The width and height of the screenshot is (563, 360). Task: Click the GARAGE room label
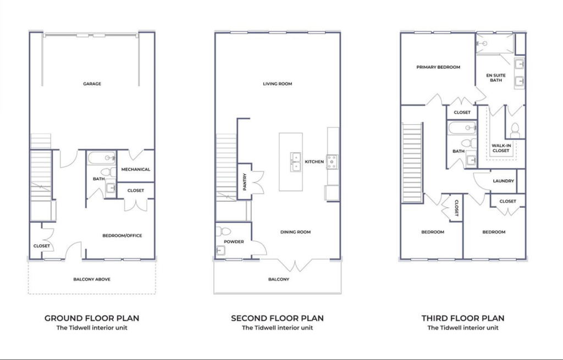[92, 84]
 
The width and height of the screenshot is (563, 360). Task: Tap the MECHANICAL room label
[136, 169]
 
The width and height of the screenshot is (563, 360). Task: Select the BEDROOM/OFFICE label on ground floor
[122, 235]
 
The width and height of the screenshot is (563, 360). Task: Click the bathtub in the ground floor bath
[102, 158]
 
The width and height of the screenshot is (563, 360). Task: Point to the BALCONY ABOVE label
[92, 279]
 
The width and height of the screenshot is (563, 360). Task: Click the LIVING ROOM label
[278, 84]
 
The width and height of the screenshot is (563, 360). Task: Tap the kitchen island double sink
[295, 162]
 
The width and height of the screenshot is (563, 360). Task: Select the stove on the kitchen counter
[332, 162]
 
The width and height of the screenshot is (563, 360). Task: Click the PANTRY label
[245, 181]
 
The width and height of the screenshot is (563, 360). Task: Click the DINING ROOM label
[295, 232]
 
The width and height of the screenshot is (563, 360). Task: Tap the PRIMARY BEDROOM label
[438, 67]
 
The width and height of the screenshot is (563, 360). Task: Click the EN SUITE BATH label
[496, 77]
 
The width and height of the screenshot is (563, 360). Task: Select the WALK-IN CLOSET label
[501, 148]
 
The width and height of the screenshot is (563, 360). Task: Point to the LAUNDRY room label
[504, 181]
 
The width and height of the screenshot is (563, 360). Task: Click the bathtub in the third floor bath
[462, 128]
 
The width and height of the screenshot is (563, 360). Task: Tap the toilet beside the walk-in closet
[515, 131]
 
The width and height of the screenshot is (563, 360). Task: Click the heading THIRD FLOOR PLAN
[463, 318]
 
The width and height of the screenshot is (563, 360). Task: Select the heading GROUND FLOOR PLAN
[92, 318]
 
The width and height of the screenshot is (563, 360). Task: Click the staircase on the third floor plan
[412, 163]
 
